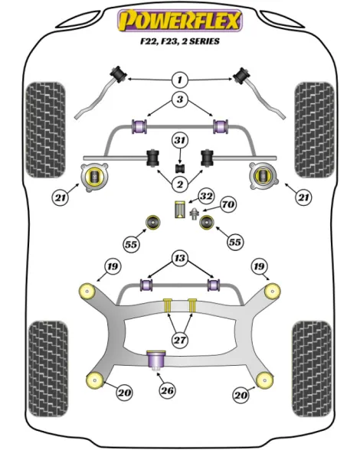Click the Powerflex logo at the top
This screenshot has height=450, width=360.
pyautogui.click(x=180, y=21)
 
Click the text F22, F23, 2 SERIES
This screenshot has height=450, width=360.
pyautogui.click(x=180, y=41)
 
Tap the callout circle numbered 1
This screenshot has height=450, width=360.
pyautogui.click(x=180, y=80)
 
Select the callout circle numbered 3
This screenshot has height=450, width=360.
pyautogui.click(x=180, y=99)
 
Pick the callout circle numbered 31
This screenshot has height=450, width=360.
pyautogui.click(x=180, y=140)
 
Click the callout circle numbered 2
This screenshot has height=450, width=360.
pyautogui.click(x=180, y=184)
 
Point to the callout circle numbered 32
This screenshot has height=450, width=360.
pyautogui.click(x=206, y=196)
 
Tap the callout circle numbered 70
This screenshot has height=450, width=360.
pyautogui.click(x=228, y=204)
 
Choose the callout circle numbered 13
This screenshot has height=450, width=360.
pyautogui.click(x=180, y=258)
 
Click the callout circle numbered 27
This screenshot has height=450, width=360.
pyautogui.click(x=180, y=340)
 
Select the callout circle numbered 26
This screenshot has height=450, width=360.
pyautogui.click(x=167, y=390)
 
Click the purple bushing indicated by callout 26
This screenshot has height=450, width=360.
pyautogui.click(x=156, y=360)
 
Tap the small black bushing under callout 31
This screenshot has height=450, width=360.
pyautogui.click(x=180, y=168)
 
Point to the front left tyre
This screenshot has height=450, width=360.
pyautogui.click(x=45, y=130)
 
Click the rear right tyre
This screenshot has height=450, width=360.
pyautogui.click(x=312, y=369)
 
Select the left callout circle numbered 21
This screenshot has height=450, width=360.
pyautogui.click(x=61, y=197)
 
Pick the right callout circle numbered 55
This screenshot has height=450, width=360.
pyautogui.click(x=234, y=242)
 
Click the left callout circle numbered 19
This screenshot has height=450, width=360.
pyautogui.click(x=113, y=266)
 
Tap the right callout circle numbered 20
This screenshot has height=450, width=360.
pyautogui.click(x=241, y=395)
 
